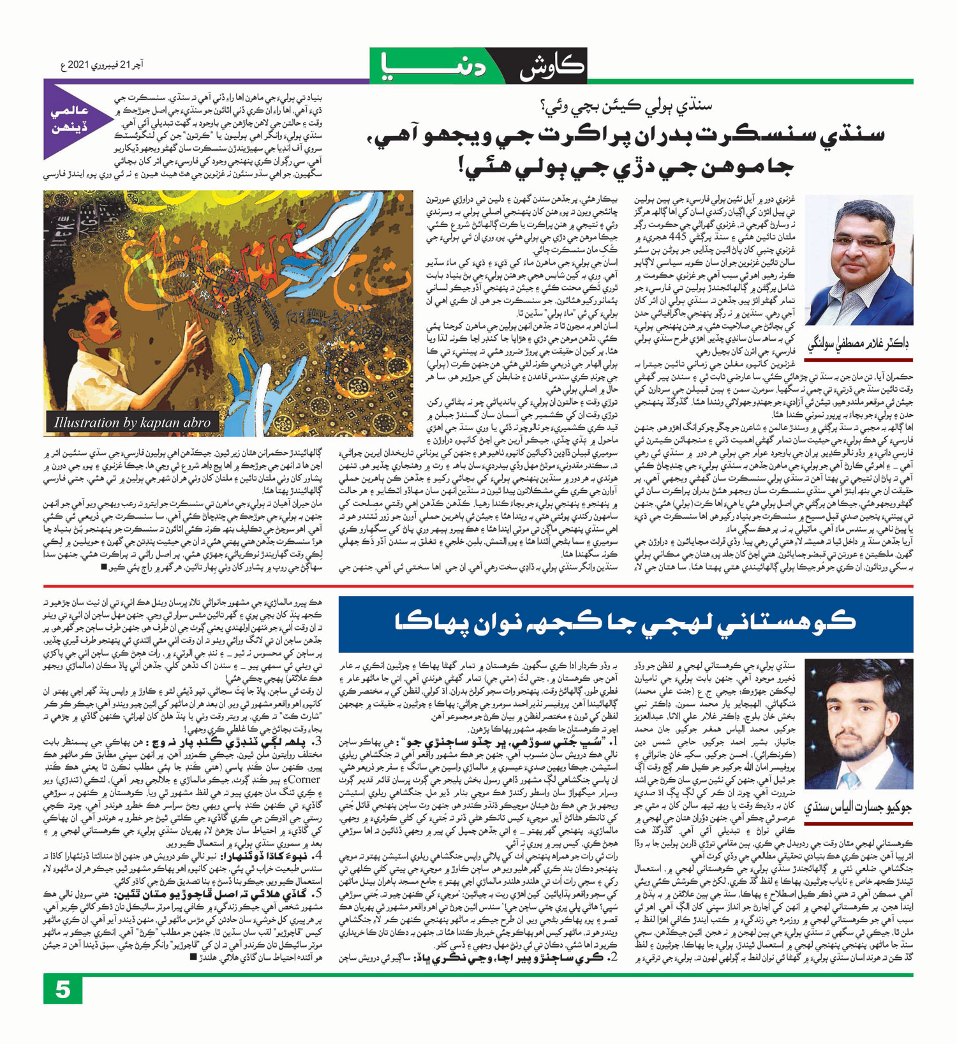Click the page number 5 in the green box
pos(63,990)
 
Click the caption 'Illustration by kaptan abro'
pos(131,422)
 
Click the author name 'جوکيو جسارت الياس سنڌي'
pos(858,808)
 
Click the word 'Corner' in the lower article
pos(309,779)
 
